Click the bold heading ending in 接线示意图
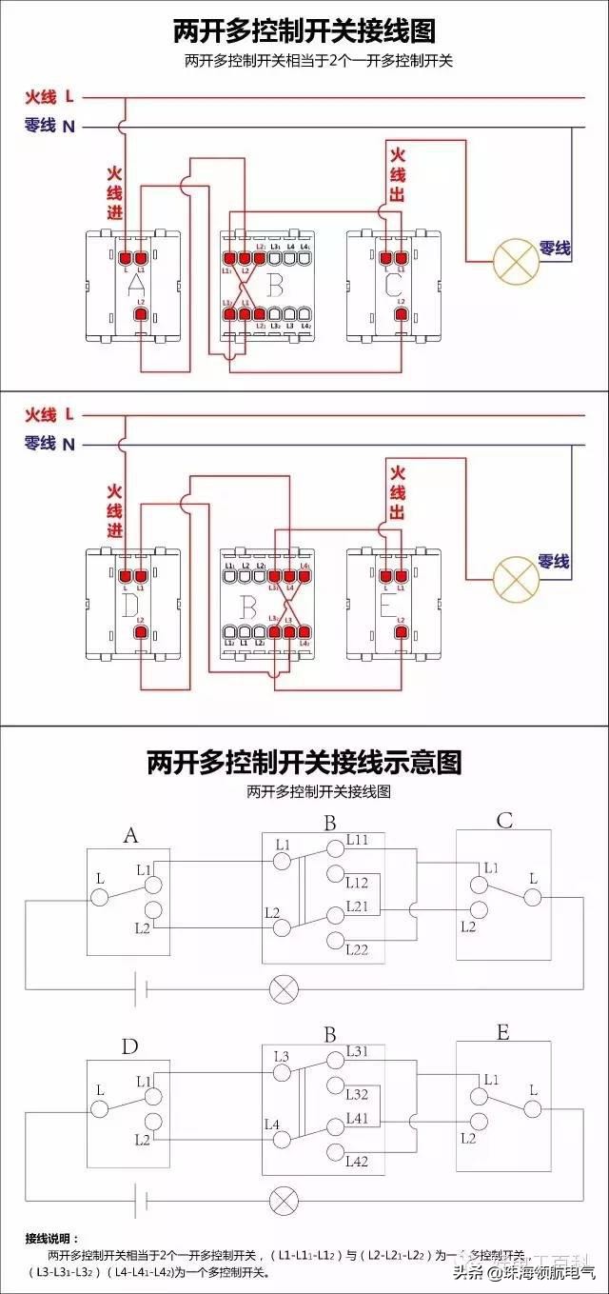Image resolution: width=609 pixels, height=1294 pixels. pyautogui.click(x=304, y=763)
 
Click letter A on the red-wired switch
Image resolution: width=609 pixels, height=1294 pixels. pyautogui.click(x=135, y=284)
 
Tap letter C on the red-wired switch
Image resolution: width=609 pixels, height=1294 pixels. pyautogui.click(x=393, y=284)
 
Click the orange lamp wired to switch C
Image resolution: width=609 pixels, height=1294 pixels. pyautogui.click(x=515, y=260)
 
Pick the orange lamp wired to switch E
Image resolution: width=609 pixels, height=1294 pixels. pyautogui.click(x=515, y=574)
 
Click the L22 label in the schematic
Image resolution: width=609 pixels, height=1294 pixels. pyautogui.click(x=358, y=949)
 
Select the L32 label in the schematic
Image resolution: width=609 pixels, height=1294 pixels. pyautogui.click(x=358, y=1094)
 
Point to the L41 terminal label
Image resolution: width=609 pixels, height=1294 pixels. pyautogui.click(x=358, y=1118)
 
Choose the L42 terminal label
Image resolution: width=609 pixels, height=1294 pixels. pyautogui.click(x=358, y=1161)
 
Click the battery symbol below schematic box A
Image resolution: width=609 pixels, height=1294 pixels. pyautogui.click(x=141, y=988)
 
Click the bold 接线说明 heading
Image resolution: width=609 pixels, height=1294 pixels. pyautogui.click(x=53, y=1239)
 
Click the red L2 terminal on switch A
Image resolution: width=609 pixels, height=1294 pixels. pyautogui.click(x=140, y=313)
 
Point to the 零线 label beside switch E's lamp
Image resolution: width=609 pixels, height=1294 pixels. pyautogui.click(x=554, y=562)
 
